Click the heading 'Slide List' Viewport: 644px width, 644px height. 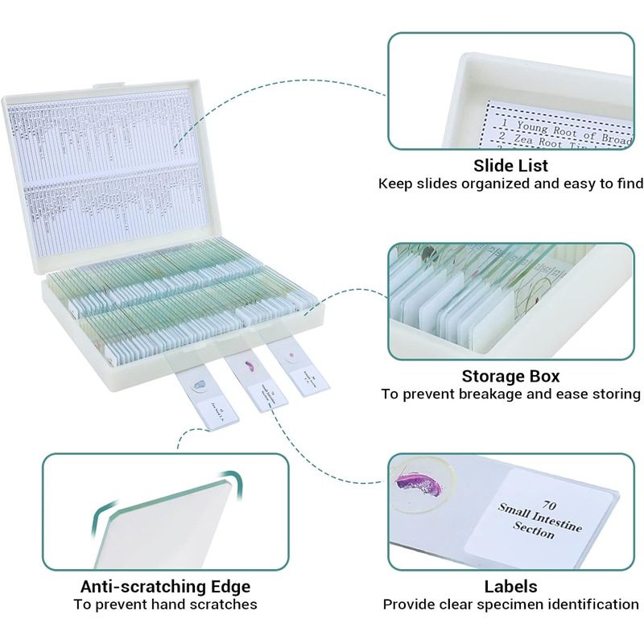coord(510,166)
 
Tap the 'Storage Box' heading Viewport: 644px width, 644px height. coord(510,376)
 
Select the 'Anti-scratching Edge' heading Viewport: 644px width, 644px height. coord(165,586)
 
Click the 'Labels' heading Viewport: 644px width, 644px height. coord(510,586)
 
